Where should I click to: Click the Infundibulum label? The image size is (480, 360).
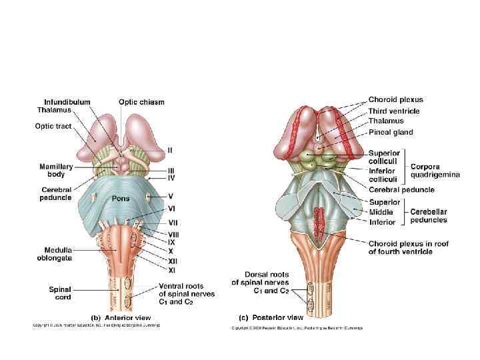click(63, 102)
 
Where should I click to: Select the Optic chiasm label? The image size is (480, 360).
click(141, 102)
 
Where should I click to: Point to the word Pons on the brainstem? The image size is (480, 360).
click(121, 198)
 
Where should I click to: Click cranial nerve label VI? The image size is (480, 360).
click(172, 209)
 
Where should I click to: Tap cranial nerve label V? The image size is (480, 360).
click(171, 196)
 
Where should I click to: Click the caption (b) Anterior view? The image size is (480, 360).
click(120, 317)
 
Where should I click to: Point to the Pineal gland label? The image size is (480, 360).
click(391, 132)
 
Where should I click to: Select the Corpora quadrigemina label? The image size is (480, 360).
click(435, 170)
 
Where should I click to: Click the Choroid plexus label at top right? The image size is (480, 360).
click(395, 99)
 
